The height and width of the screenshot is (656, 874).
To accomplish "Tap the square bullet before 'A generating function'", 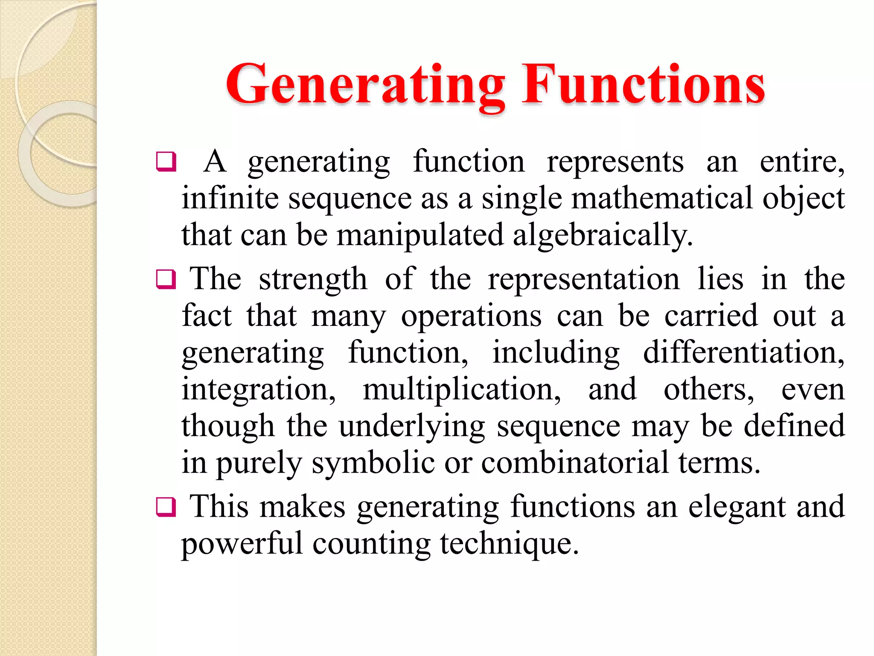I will [166, 162].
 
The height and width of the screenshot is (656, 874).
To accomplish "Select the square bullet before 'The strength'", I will [166, 279].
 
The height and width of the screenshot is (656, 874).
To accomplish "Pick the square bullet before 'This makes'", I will [166, 507].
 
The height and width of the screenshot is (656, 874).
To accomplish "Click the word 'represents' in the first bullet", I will [615, 162].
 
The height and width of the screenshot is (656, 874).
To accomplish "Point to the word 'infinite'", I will [229, 199].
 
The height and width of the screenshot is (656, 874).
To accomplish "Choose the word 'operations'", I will [471, 316].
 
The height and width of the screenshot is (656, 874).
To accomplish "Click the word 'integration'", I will [258, 390].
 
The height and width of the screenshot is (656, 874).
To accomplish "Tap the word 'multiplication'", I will [461, 390].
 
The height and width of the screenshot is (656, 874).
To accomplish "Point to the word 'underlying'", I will [412, 426].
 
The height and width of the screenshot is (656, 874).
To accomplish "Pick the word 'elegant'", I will [737, 507].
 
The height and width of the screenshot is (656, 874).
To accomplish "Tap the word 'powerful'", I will [242, 544].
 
